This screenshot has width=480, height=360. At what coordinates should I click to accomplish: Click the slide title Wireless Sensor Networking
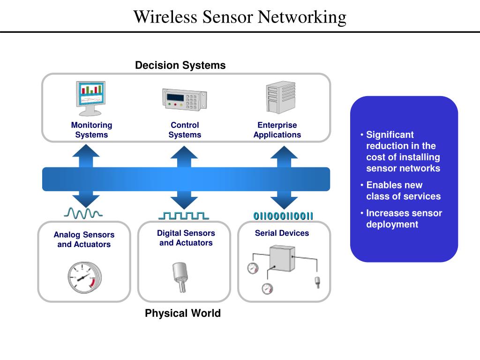[x=240, y=17]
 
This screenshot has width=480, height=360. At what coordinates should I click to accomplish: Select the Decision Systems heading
[x=180, y=65]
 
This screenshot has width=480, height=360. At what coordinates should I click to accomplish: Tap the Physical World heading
[x=183, y=313]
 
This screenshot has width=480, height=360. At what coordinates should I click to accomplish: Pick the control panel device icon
[x=185, y=99]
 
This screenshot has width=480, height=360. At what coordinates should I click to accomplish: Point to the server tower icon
[x=280, y=97]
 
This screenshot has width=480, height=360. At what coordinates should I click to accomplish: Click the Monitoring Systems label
[x=91, y=130]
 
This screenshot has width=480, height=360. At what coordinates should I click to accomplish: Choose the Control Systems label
[x=185, y=130]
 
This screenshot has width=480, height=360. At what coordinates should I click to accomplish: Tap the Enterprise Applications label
[x=277, y=130]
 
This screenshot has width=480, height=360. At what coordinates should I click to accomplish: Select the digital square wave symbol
[x=184, y=215]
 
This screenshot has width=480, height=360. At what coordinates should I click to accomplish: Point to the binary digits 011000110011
[x=283, y=216]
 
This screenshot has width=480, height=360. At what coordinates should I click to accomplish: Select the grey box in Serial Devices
[x=282, y=258]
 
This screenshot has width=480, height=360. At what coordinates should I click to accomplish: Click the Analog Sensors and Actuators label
[x=84, y=239]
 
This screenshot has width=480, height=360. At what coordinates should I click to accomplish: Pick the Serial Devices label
[x=282, y=233]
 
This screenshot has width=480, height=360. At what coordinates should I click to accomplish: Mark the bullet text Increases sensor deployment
[x=404, y=219]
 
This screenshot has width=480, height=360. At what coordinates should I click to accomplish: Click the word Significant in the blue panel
[x=390, y=135]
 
